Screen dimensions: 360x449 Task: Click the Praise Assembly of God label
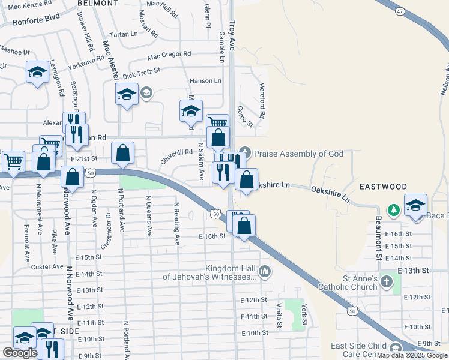[298, 154]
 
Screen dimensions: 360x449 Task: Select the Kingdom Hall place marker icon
[265, 273]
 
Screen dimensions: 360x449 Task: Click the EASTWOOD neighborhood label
[384, 187]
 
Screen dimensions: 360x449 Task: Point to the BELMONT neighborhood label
[98, 3]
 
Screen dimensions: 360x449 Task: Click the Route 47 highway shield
[400, 11]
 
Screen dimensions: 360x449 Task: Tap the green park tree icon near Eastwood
[394, 210]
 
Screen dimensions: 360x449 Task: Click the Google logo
[20, 353]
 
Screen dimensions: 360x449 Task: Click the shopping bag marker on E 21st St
[122, 154]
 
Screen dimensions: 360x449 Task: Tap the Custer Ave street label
[47, 266]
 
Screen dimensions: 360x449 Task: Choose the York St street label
[304, 314]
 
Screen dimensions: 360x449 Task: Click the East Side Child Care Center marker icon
[395, 349]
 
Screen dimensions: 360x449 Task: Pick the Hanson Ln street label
[205, 81]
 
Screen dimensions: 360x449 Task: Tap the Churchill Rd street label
[176, 157]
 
